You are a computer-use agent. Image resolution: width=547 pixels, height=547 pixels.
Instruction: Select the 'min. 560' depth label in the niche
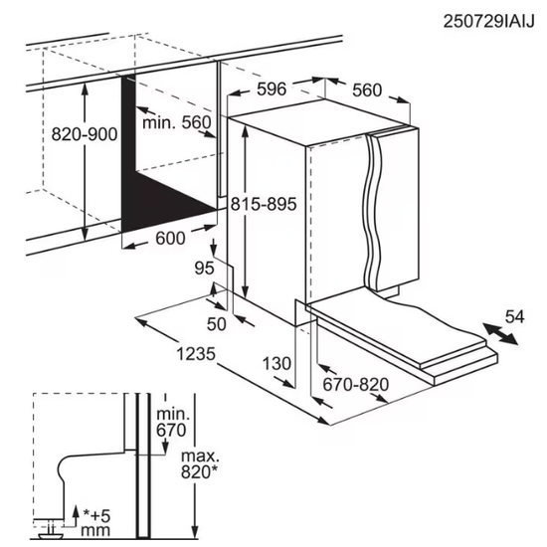[x=176, y=123]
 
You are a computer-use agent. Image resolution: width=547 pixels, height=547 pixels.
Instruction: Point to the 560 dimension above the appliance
[x=366, y=90]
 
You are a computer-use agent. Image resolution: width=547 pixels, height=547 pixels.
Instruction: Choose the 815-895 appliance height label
[x=264, y=203]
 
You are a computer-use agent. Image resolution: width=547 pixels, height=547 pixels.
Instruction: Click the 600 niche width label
[x=171, y=239]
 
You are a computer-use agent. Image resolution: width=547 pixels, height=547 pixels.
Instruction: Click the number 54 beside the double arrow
[x=513, y=316]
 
